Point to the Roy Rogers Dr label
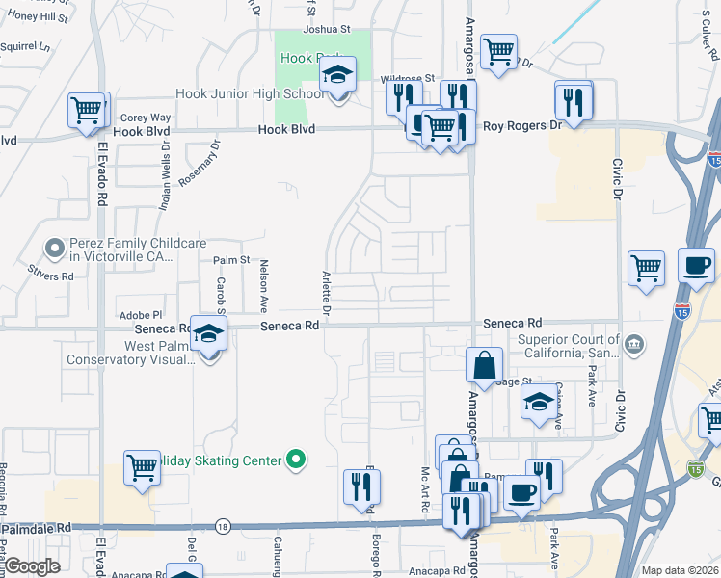tap(521, 125)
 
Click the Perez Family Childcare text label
tap(120, 250)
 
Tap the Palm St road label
tap(231, 260)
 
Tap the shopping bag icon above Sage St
tap(484, 366)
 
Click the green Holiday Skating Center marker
tap(297, 460)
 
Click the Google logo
tap(32, 567)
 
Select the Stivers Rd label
tap(51, 276)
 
